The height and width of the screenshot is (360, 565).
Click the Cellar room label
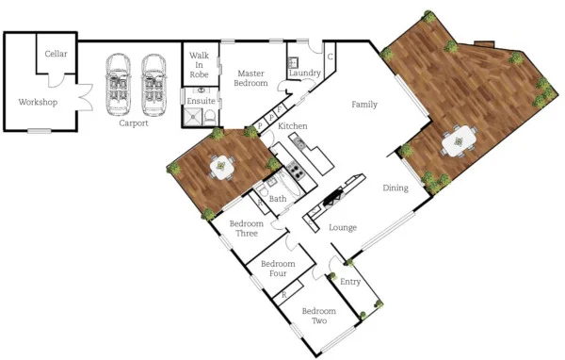click(56, 54)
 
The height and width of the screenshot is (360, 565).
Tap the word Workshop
click(38, 102)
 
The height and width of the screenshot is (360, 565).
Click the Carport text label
click(134, 123)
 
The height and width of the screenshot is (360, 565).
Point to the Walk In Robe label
click(199, 64)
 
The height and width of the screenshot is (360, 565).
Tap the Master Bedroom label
click(250, 77)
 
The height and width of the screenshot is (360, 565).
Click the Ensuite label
click(202, 100)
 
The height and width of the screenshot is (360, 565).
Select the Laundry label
click(305, 73)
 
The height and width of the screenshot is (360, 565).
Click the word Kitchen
click(294, 125)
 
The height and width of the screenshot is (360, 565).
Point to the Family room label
click(364, 105)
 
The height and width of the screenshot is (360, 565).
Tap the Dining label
click(395, 188)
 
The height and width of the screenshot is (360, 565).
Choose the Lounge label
click(343, 227)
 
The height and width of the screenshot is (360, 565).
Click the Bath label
click(278, 199)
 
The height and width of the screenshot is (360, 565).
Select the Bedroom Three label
click(247, 228)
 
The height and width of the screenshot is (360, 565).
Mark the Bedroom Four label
click(279, 269)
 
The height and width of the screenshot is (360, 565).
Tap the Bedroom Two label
click(319, 316)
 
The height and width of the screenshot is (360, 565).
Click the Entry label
click(350, 282)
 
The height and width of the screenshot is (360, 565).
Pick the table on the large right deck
click(459, 141)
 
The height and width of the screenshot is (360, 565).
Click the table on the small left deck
click(222, 168)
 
